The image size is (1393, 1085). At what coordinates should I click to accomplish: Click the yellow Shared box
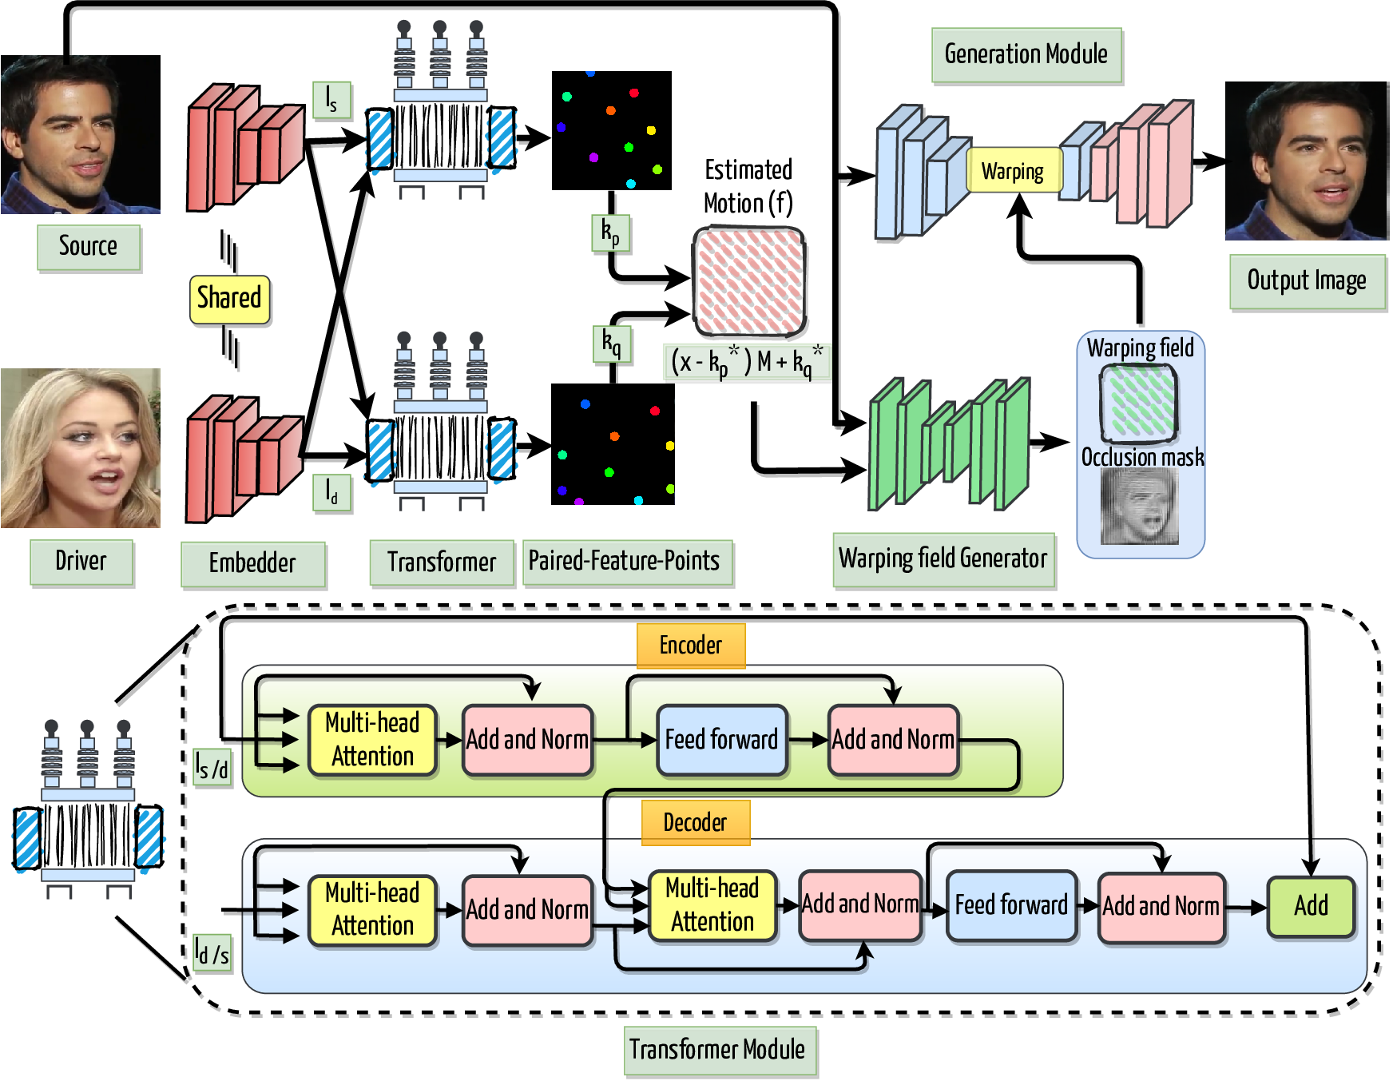point(230,299)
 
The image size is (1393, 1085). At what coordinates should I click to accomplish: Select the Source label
point(89,247)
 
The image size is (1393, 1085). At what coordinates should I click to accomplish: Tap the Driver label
point(81,562)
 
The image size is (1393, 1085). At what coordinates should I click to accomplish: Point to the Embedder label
point(252,564)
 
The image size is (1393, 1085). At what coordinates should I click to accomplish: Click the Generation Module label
point(1026,55)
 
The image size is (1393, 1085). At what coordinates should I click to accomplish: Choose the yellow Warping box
point(1013,171)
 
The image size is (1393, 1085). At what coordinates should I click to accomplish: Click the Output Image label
point(1307,281)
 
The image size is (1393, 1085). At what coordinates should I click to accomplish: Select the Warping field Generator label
point(943,559)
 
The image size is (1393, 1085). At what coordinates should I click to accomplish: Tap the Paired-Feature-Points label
point(625,562)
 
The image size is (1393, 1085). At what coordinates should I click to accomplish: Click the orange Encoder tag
point(691,645)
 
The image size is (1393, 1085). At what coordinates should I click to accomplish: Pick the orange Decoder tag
point(696,822)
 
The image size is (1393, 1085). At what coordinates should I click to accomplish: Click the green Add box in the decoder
point(1311,906)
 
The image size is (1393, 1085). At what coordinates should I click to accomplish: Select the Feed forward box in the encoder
point(721,740)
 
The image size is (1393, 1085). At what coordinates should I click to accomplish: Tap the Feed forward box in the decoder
point(1011,905)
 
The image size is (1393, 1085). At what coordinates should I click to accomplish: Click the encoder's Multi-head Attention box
point(372,740)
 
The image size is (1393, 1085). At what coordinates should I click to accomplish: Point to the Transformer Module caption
point(718,1050)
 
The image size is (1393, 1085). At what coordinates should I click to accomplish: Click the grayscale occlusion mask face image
point(1140,506)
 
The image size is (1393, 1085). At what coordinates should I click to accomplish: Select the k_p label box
point(611,233)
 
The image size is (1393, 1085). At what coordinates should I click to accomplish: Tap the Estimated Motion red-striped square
point(749,282)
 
